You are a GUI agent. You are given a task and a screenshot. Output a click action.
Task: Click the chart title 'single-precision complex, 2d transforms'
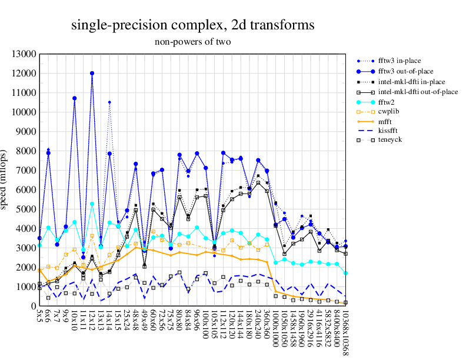[193, 25]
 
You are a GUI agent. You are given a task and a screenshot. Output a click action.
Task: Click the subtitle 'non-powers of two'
[193, 42]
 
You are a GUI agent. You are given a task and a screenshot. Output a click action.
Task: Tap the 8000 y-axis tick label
[26, 151]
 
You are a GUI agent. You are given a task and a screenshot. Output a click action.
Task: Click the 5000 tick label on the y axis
[26, 209]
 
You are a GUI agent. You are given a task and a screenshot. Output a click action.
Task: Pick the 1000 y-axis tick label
[26, 287]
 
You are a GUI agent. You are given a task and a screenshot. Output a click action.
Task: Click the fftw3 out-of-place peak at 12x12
[92, 74]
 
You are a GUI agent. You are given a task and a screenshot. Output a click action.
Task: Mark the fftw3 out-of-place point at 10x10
[75, 98]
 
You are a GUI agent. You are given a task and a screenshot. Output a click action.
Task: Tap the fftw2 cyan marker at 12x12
[92, 204]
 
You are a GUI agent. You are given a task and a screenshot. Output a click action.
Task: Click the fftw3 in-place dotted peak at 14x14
[109, 102]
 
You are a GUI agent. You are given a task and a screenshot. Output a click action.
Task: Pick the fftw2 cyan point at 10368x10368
[345, 273]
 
